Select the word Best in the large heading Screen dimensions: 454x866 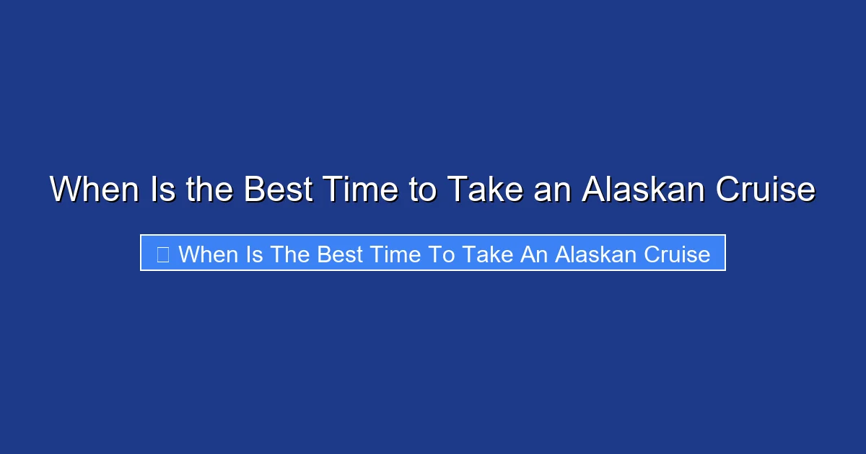(276, 190)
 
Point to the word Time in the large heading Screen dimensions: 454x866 (359, 190)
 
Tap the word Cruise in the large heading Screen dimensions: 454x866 (766, 190)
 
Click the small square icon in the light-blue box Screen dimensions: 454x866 (162, 254)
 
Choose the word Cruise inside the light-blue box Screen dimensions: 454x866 (679, 254)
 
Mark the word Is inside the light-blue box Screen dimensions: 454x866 (254, 254)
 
